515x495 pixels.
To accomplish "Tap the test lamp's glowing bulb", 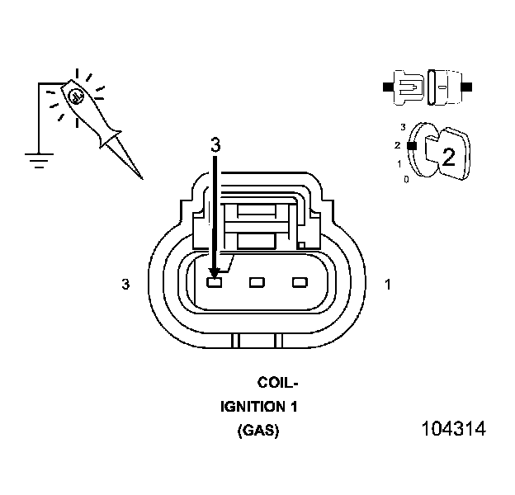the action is coord(76,96).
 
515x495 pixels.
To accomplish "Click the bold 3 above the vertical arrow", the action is coord(215,144).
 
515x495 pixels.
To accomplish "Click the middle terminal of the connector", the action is coord(257,283).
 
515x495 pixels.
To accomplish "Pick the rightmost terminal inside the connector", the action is coord(299,283).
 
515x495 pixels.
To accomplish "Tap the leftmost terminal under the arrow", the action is coord(215,283).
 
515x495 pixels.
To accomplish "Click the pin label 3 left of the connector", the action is coord(125,284).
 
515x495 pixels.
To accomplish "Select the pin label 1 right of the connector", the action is coord(389,284).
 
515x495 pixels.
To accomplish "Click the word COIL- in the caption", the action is coord(277,383).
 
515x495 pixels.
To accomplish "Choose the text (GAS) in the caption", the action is coord(257,431).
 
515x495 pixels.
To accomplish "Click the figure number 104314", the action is coord(453,430).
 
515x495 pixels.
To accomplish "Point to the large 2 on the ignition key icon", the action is coord(449,158).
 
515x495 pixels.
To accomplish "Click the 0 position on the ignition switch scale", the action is coord(404,179).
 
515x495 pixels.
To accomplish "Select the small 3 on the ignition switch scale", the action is coord(403,127).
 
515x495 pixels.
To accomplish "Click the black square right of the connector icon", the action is coord(468,86).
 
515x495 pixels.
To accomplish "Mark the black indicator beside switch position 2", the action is coord(410,145).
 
